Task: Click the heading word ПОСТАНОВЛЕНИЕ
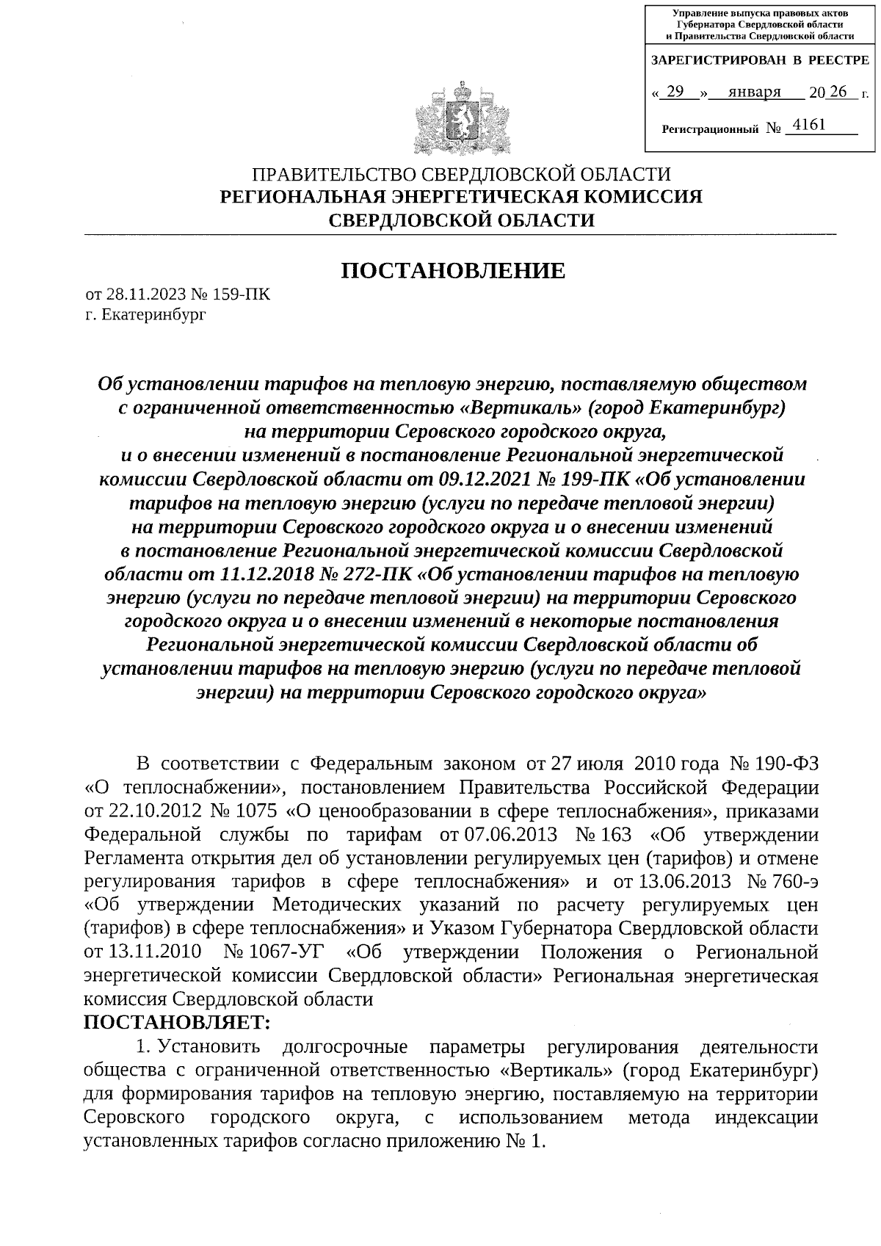point(453,271)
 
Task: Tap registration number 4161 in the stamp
point(810,126)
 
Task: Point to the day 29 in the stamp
point(676,92)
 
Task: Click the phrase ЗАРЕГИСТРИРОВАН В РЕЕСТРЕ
point(760,60)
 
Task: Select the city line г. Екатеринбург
point(146,316)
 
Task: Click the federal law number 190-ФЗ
point(786,763)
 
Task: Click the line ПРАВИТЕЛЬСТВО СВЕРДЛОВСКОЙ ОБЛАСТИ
point(462,175)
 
